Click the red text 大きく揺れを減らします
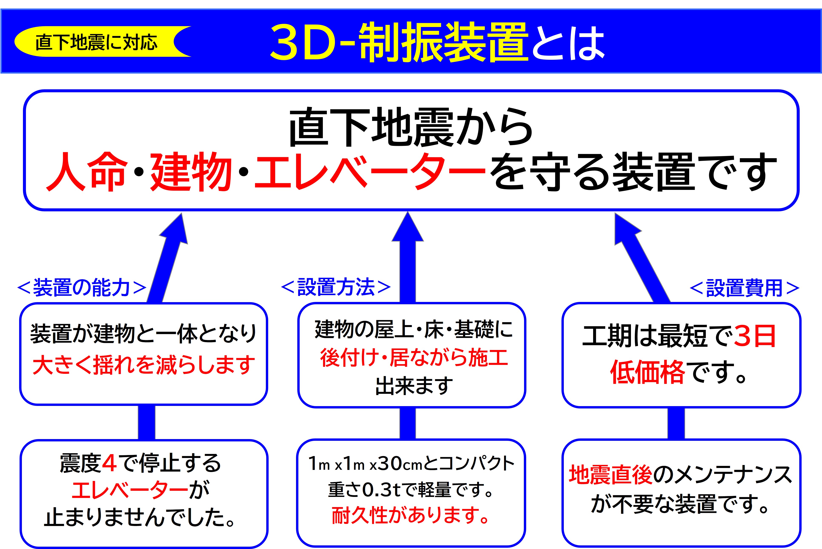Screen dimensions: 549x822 (143, 365)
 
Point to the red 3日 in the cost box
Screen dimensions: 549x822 (755, 336)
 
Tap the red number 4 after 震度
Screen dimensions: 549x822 (109, 463)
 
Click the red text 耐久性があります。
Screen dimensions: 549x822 (410, 515)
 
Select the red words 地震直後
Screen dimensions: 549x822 (610, 475)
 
